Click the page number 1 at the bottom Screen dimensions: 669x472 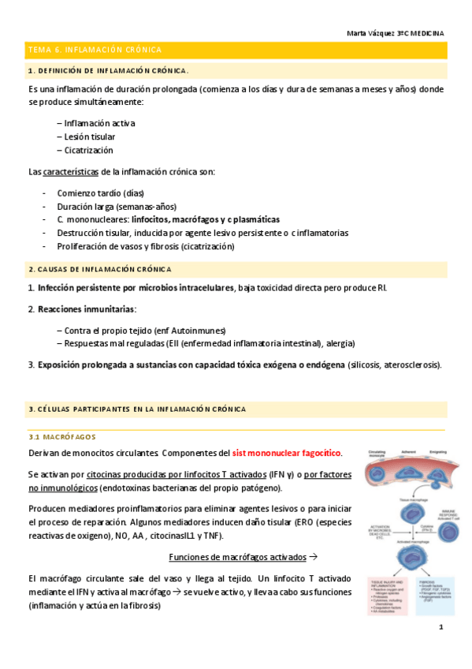(442, 627)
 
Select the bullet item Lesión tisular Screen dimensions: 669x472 (87, 136)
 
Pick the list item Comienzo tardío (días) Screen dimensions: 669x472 (100, 193)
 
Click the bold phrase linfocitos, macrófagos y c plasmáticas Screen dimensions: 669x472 (206, 219)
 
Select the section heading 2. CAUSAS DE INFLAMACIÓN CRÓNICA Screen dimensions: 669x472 (98, 270)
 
